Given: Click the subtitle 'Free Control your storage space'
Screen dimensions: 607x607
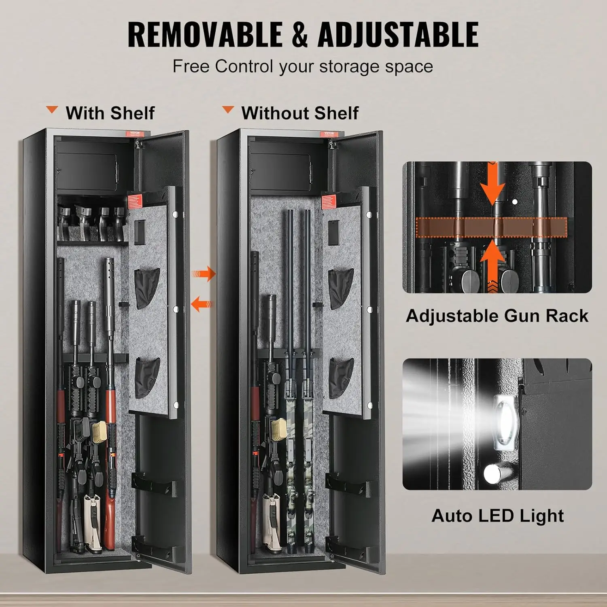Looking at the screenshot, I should pyautogui.click(x=303, y=66).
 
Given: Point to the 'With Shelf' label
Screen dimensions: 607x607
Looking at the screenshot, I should pyautogui.click(x=110, y=113).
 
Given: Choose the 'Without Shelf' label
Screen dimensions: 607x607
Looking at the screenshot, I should pyautogui.click(x=299, y=113).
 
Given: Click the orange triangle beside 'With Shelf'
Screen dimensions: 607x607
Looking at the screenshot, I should pyautogui.click(x=52, y=110).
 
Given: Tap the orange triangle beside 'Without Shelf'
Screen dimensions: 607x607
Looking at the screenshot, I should pyautogui.click(x=228, y=110).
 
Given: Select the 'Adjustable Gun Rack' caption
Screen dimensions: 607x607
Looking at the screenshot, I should pyautogui.click(x=497, y=316).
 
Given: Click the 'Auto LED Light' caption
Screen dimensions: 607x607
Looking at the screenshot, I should pyautogui.click(x=497, y=516).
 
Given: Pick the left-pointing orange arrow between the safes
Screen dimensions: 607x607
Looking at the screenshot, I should pyautogui.click(x=202, y=303).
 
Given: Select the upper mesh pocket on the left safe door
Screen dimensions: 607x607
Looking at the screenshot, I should pyautogui.click(x=146, y=288).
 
